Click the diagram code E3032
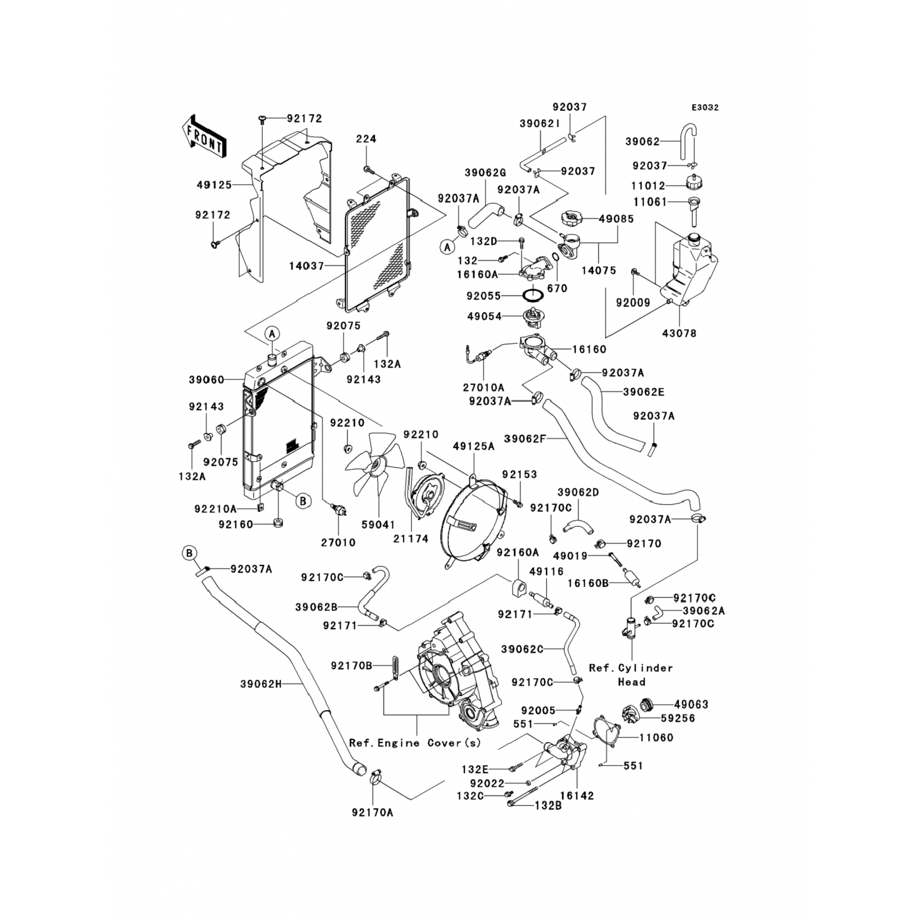coord(705,107)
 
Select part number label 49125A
coord(474,447)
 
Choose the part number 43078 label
coord(679,334)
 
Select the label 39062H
coord(260,684)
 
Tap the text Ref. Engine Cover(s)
coord(415,743)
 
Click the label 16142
coord(577,796)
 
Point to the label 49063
coord(691,705)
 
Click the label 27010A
coord(484,387)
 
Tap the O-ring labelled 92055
coord(534,295)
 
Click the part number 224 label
coord(366,139)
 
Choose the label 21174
coord(410,539)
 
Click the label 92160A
coord(518,553)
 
